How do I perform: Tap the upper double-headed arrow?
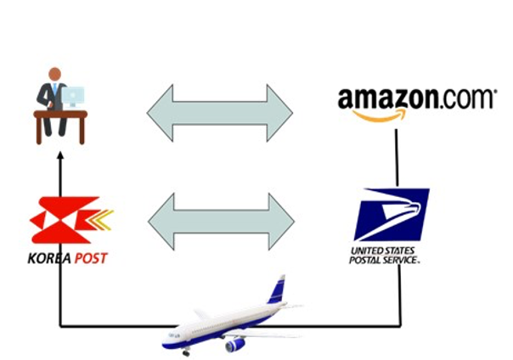pos(220,112)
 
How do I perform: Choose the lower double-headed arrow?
pos(221,222)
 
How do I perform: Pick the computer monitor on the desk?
pos(75,97)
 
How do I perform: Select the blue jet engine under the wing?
pos(234,344)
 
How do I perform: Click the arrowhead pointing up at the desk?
pos(59,156)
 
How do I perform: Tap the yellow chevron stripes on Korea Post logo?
pos(100,220)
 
